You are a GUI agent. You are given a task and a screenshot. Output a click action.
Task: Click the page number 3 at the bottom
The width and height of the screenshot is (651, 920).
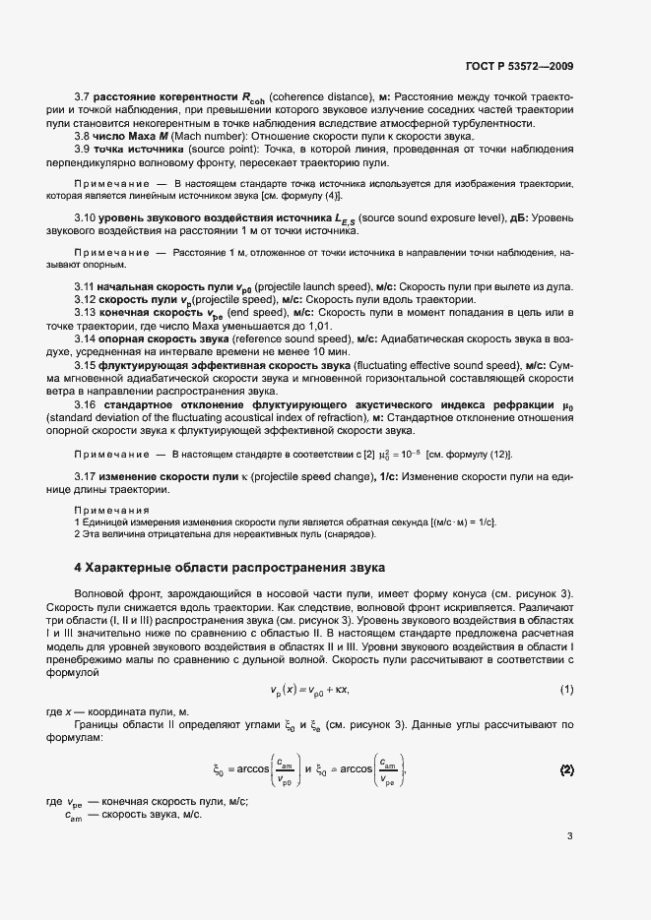tap(569, 837)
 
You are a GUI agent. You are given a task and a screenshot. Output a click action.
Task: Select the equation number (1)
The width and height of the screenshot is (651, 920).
tap(566, 689)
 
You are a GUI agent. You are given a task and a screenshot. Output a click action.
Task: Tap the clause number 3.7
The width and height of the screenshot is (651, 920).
tap(84, 96)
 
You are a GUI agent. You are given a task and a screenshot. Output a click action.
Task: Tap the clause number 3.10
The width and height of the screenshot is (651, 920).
tap(87, 215)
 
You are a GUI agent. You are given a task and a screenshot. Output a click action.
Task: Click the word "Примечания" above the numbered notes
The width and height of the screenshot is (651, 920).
tap(109, 511)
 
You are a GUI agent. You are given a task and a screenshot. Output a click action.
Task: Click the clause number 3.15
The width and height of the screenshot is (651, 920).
tap(87, 365)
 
